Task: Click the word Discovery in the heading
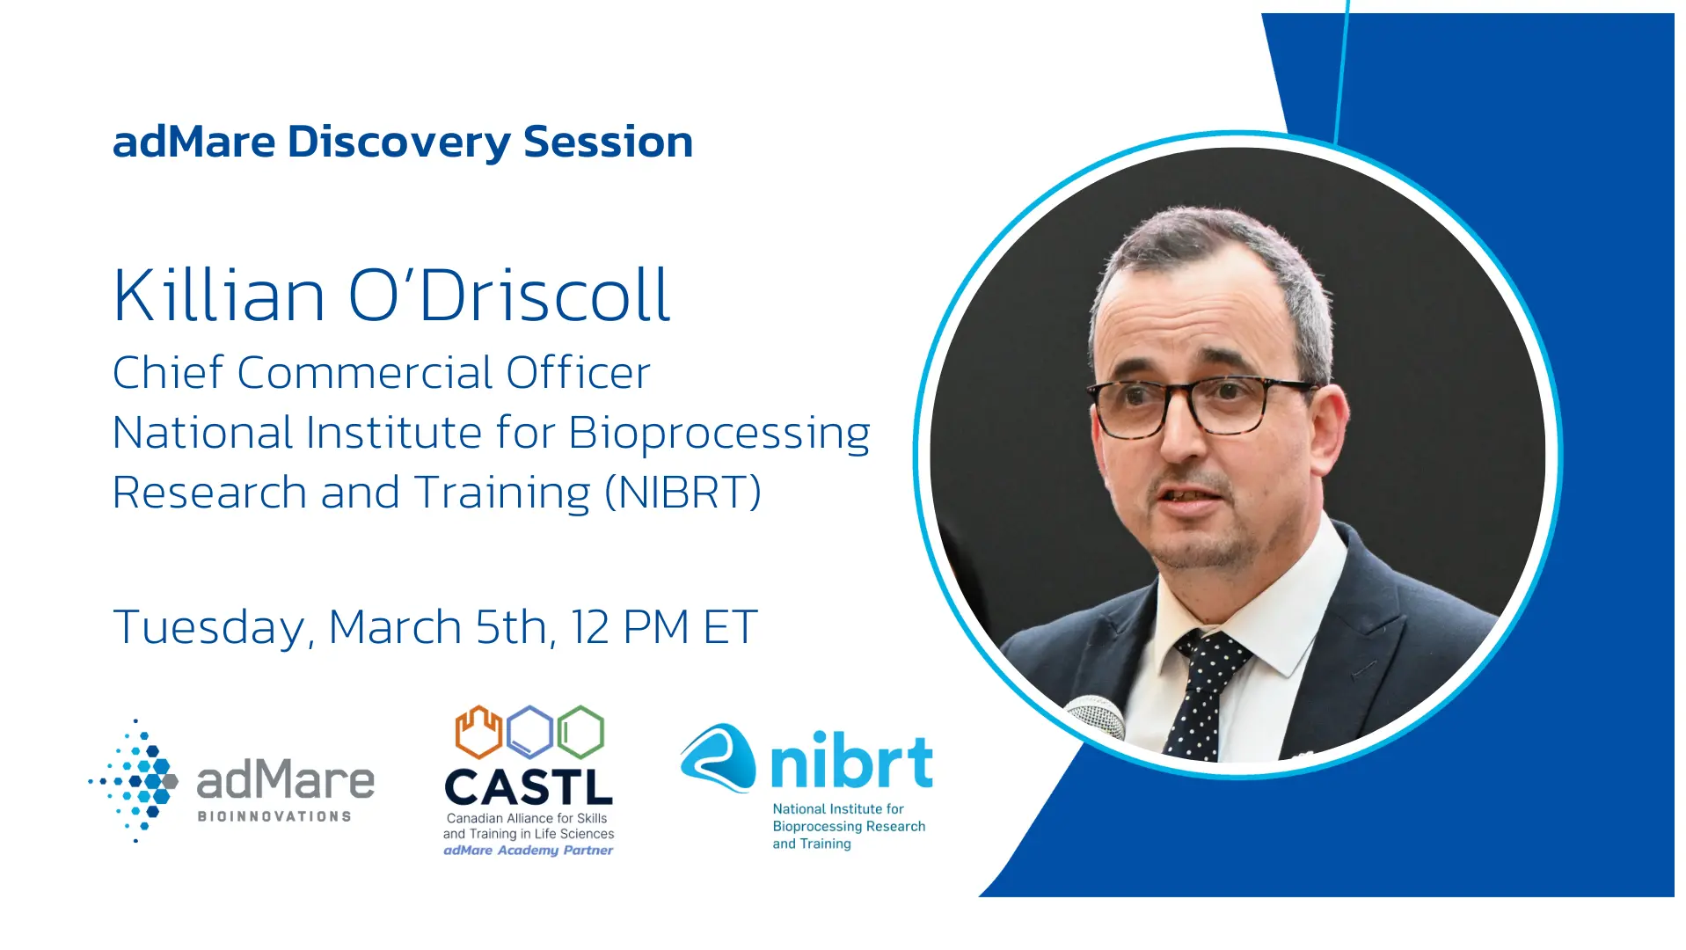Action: pos(398,142)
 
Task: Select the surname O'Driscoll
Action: pos(509,295)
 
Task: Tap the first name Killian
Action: pos(219,295)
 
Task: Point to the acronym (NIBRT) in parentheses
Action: pos(682,493)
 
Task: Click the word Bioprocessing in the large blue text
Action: pos(719,435)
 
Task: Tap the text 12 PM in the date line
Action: pos(630,627)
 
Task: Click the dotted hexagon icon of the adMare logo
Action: pos(134,781)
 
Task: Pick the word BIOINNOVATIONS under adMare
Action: pos(274,816)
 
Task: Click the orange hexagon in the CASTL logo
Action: pos(478,732)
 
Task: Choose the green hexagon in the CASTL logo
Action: pos(580,732)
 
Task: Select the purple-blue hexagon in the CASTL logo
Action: pos(529,732)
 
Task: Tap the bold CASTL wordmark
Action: pos(529,787)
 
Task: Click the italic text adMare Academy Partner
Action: pos(529,851)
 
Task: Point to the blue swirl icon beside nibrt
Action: pos(718,757)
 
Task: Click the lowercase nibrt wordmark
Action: pos(851,761)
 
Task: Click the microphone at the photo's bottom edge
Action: pos(1096,717)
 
